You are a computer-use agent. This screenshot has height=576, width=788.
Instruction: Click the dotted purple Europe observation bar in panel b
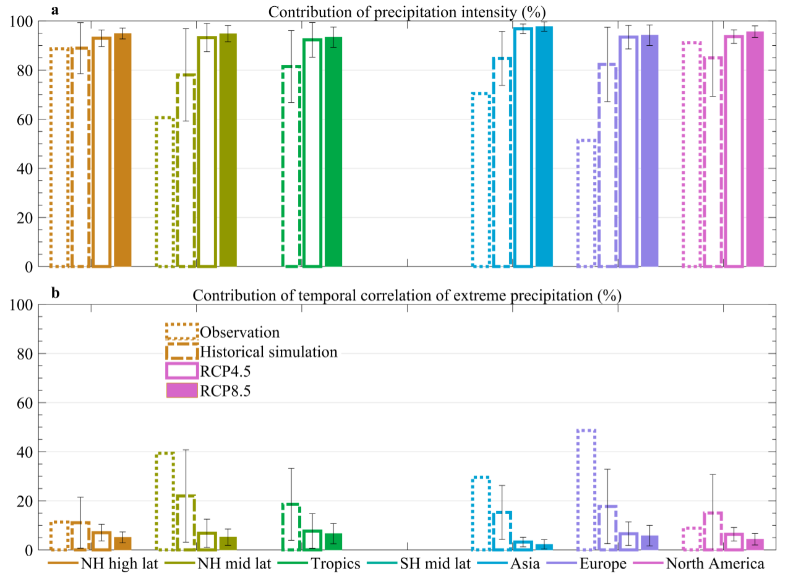point(586,489)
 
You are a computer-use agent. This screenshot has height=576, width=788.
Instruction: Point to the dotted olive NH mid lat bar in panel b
point(165,501)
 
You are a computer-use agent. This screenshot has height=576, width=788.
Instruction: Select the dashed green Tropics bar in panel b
point(291,527)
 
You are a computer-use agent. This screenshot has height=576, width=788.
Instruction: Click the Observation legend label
point(240,332)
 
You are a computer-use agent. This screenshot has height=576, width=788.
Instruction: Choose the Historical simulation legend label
point(268,352)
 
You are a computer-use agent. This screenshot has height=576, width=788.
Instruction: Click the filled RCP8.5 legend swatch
point(182,390)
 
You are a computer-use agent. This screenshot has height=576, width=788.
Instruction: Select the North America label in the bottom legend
point(715,564)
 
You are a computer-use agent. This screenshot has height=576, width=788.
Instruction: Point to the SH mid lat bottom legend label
point(435,564)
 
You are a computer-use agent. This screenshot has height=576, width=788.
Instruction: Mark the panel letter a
point(55,10)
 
